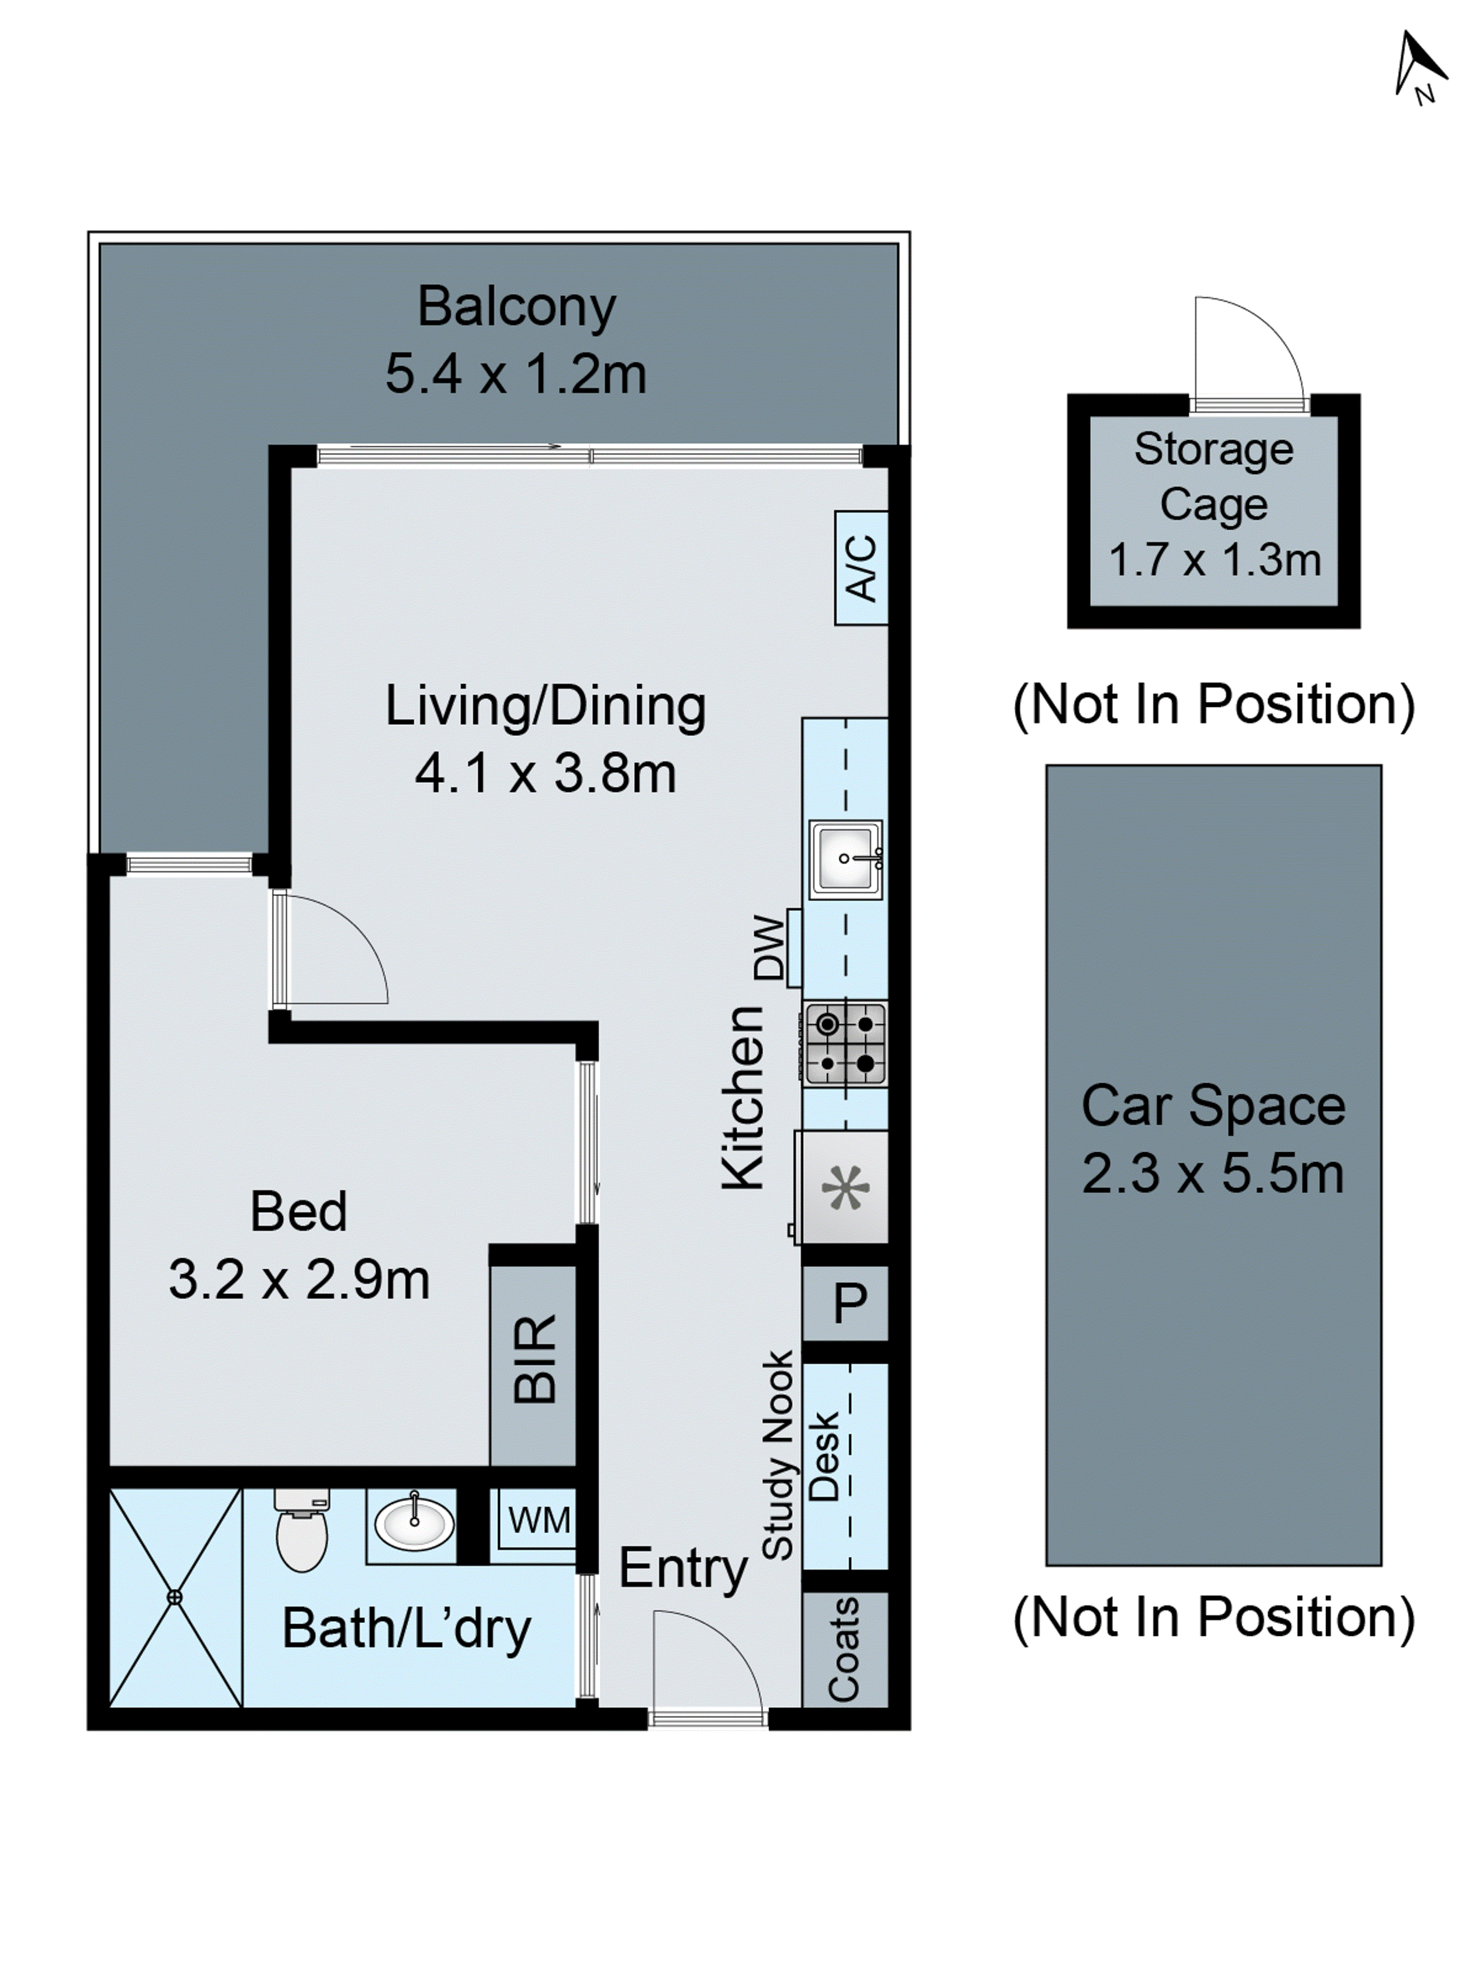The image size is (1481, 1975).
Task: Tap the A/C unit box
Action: pos(860,568)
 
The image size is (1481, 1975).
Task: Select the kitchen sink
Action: pos(845,859)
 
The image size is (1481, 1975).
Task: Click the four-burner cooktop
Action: pos(845,1044)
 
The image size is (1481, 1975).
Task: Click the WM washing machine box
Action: pos(538,1520)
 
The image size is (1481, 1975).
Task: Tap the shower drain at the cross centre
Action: pos(174,1597)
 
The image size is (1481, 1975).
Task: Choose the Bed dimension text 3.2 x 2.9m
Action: pos(299,1279)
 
